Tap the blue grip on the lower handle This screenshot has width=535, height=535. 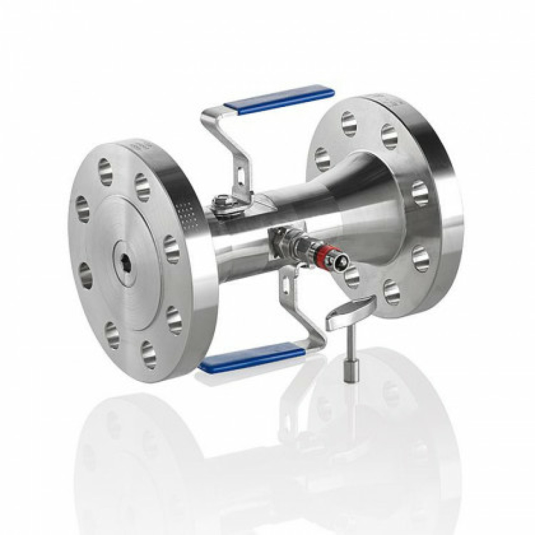click(x=252, y=358)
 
